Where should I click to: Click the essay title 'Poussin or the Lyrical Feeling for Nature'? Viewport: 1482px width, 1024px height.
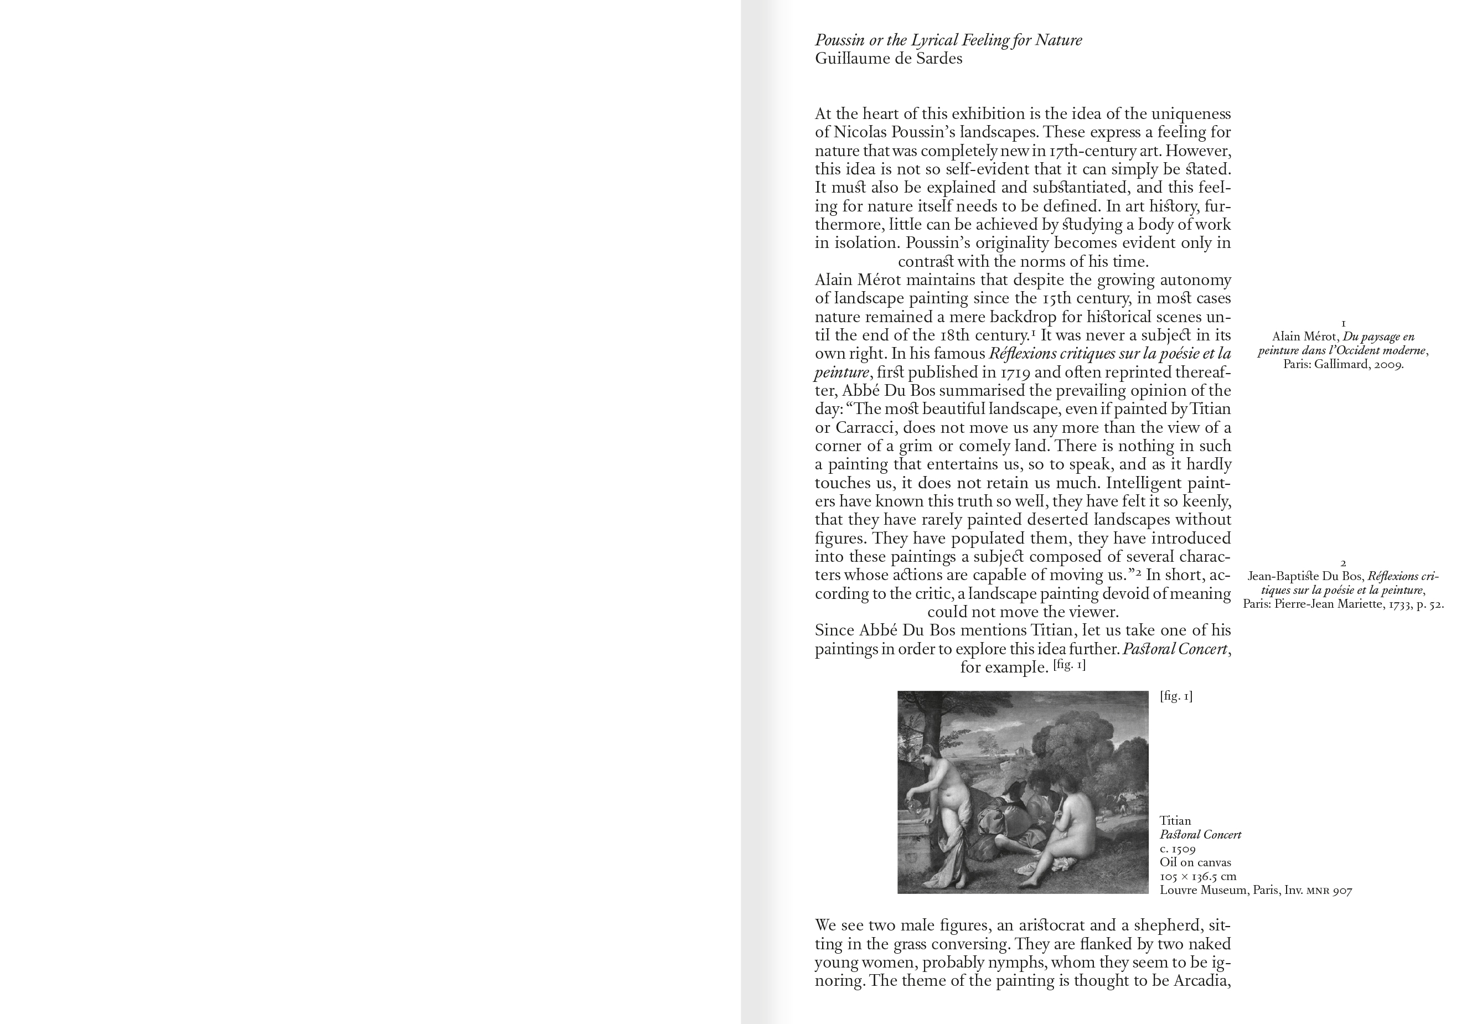[948, 40]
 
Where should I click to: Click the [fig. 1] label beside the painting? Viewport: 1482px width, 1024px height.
[1176, 696]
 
